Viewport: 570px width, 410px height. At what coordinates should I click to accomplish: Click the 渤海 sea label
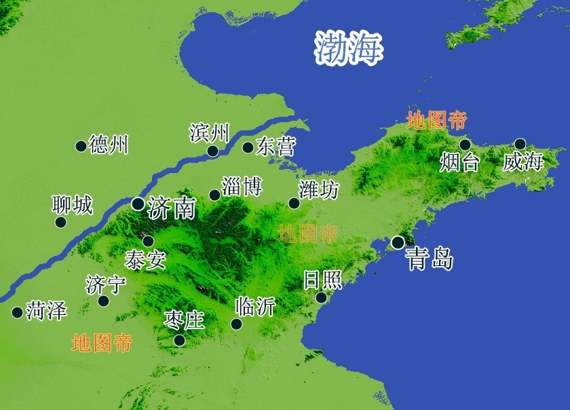point(349,48)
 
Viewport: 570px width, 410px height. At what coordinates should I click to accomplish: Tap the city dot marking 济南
point(138,203)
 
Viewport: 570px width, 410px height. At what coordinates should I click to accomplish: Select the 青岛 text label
point(429,258)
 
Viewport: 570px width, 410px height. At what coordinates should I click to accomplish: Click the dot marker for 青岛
point(398,242)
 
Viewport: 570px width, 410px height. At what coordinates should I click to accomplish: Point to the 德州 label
point(109,145)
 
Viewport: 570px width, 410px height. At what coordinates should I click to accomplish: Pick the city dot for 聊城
point(60,222)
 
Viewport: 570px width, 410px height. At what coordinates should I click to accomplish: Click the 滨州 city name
point(210,132)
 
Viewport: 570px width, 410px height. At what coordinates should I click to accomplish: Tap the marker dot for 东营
point(248,147)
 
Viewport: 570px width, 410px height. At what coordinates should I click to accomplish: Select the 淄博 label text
point(242,186)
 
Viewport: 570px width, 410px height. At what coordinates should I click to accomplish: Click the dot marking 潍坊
point(294,203)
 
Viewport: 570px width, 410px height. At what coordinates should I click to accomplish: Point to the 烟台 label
point(459,163)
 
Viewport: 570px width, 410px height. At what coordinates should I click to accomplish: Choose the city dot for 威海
point(520,144)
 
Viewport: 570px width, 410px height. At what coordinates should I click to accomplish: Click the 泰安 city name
point(145,259)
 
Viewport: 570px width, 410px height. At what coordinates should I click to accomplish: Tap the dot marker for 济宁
point(103,301)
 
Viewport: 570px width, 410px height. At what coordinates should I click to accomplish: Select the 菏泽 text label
point(47,312)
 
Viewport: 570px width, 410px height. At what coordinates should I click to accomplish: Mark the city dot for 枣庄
point(179,340)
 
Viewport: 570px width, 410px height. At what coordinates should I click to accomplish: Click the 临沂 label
point(255,307)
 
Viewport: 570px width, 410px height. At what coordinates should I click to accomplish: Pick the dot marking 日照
point(321,297)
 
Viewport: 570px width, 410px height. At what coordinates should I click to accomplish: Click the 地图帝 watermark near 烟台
point(436,122)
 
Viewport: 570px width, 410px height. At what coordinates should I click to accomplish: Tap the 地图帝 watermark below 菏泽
point(102,343)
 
